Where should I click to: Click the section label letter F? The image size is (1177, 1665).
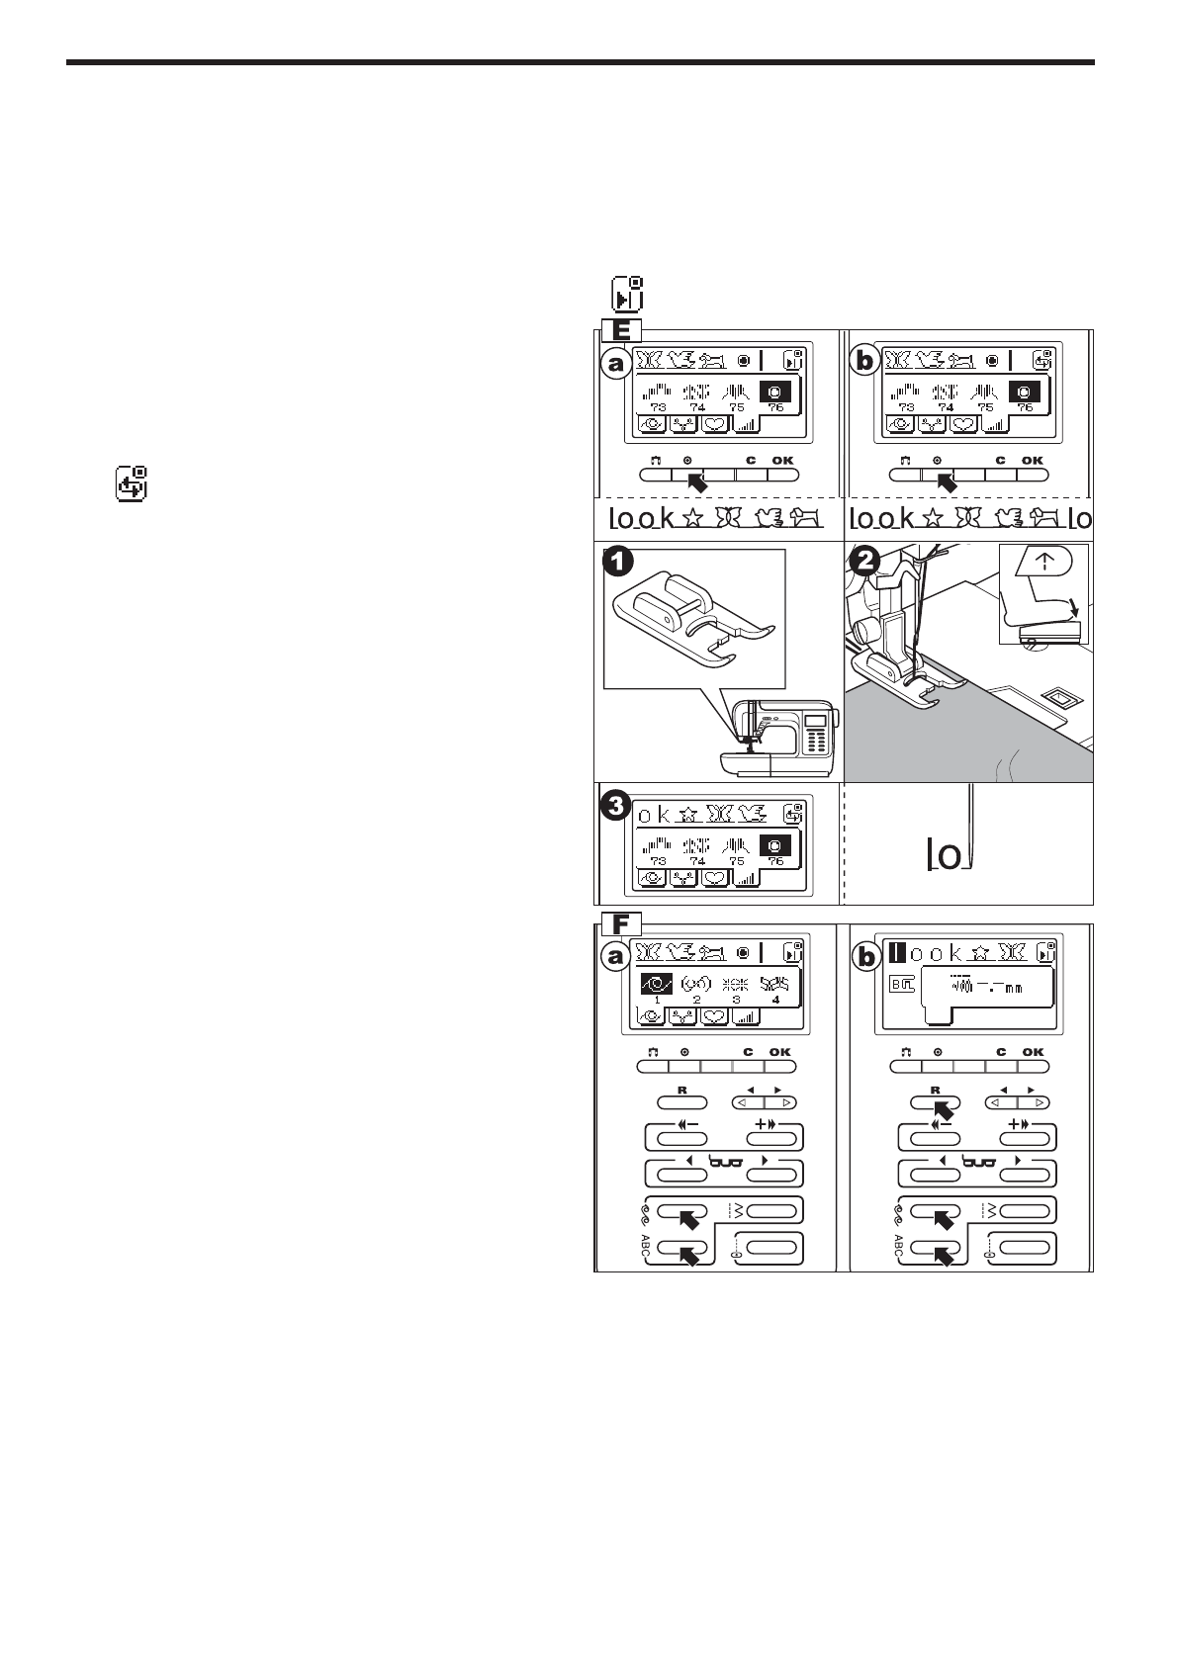click(x=621, y=925)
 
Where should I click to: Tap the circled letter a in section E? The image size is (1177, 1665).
click(x=616, y=364)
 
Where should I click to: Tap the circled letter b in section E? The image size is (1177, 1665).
click(x=865, y=363)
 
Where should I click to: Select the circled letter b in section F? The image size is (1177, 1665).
click(x=866, y=958)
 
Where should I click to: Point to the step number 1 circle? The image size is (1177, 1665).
click(x=616, y=563)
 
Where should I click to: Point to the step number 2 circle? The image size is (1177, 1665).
click(x=864, y=561)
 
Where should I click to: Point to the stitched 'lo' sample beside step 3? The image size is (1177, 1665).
click(x=950, y=856)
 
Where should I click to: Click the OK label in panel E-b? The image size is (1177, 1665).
click(x=1032, y=460)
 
